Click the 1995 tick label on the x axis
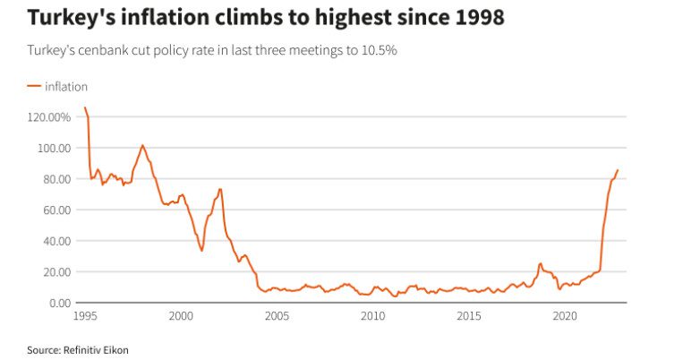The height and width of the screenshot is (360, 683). pos(85,316)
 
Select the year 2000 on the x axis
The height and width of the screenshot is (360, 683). pos(181,316)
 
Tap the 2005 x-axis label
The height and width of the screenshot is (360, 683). pos(277,316)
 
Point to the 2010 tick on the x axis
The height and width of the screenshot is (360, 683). pos(372,316)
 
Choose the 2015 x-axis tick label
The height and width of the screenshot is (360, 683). pos(468,316)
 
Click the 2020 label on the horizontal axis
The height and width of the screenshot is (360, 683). pos(564,316)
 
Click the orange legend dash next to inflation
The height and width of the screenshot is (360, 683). pos(34,87)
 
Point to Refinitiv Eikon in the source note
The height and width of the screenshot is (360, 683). pos(98,349)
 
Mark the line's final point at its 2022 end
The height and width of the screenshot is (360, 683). pos(618,170)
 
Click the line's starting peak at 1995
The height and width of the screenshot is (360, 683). pos(85,108)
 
